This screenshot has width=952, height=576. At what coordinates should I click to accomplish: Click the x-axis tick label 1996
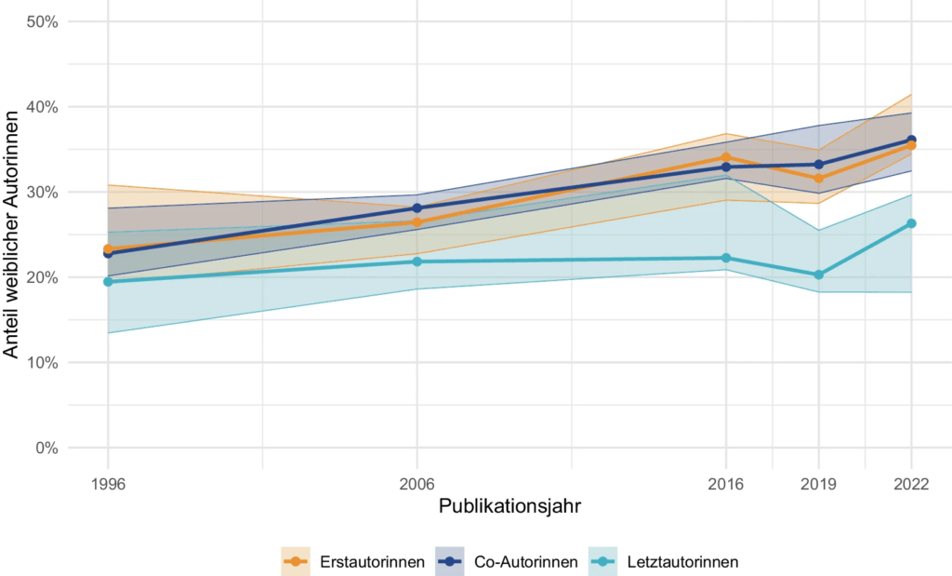(x=108, y=484)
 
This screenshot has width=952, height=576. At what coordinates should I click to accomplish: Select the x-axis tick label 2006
(x=416, y=484)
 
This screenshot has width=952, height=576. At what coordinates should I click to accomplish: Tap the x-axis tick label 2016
(x=725, y=484)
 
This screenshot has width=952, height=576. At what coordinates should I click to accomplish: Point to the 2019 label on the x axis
(x=818, y=484)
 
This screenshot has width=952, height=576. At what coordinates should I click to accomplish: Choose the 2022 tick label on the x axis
(x=910, y=484)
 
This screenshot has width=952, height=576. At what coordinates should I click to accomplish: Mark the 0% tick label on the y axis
(x=46, y=448)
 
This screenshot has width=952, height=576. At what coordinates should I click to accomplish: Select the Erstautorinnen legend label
(x=372, y=562)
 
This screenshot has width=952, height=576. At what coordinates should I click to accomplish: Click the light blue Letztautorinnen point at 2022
(x=911, y=223)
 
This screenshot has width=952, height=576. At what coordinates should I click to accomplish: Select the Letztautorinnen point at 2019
(x=818, y=275)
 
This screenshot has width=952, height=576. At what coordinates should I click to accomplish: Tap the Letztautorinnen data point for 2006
(x=416, y=261)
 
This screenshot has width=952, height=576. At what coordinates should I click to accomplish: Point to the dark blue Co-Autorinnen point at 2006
(x=416, y=208)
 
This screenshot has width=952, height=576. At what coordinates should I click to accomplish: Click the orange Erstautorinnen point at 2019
(x=818, y=178)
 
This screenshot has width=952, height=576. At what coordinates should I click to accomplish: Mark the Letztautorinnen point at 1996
(x=108, y=281)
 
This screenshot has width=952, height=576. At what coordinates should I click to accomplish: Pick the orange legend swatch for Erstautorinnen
(x=295, y=562)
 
